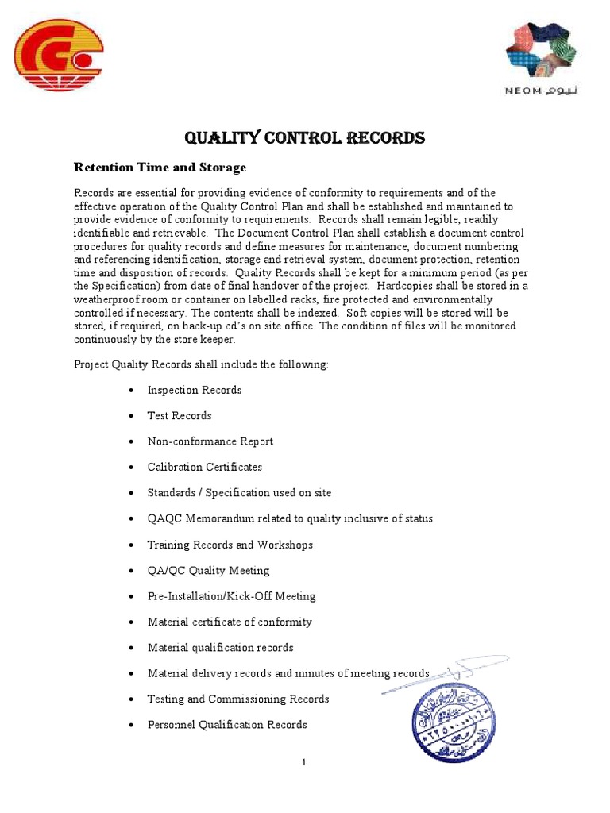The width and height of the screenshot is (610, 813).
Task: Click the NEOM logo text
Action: tap(542, 91)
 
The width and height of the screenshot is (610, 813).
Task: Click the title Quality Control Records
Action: tap(304, 138)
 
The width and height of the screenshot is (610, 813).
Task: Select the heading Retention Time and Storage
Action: tap(160, 168)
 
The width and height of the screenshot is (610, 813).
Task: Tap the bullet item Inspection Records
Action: tap(195, 390)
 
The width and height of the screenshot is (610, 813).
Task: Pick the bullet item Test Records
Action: tap(180, 415)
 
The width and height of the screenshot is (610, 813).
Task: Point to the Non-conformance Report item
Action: tap(210, 441)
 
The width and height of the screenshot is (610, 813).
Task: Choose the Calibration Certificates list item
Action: tap(205, 467)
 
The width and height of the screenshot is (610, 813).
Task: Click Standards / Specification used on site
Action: tap(240, 493)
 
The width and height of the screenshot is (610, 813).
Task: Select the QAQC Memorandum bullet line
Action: tap(291, 518)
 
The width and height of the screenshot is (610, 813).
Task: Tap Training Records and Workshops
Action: tap(230, 545)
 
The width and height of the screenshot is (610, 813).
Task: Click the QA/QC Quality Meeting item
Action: tap(209, 570)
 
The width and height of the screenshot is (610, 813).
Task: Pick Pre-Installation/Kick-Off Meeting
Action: tap(232, 596)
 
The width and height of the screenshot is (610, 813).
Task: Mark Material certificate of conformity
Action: tap(230, 622)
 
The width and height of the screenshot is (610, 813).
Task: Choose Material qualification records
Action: tap(221, 648)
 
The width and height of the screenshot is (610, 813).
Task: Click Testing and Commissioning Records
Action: tap(238, 699)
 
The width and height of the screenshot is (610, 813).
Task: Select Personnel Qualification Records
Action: tap(227, 725)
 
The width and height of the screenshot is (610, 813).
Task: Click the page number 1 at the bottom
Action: tap(304, 763)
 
